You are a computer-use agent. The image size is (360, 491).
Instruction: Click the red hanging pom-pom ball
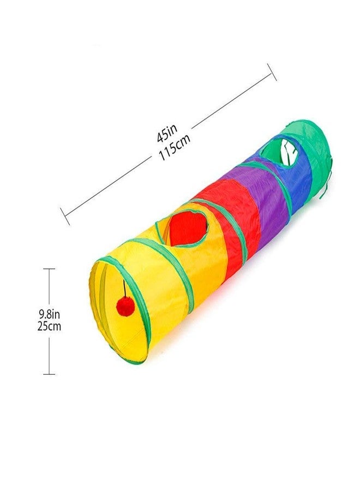click(x=125, y=306)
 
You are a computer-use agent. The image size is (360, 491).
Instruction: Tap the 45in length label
click(x=167, y=133)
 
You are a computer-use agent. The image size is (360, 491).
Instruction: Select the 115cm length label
click(x=175, y=147)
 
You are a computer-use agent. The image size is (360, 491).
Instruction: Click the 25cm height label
click(x=49, y=326)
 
